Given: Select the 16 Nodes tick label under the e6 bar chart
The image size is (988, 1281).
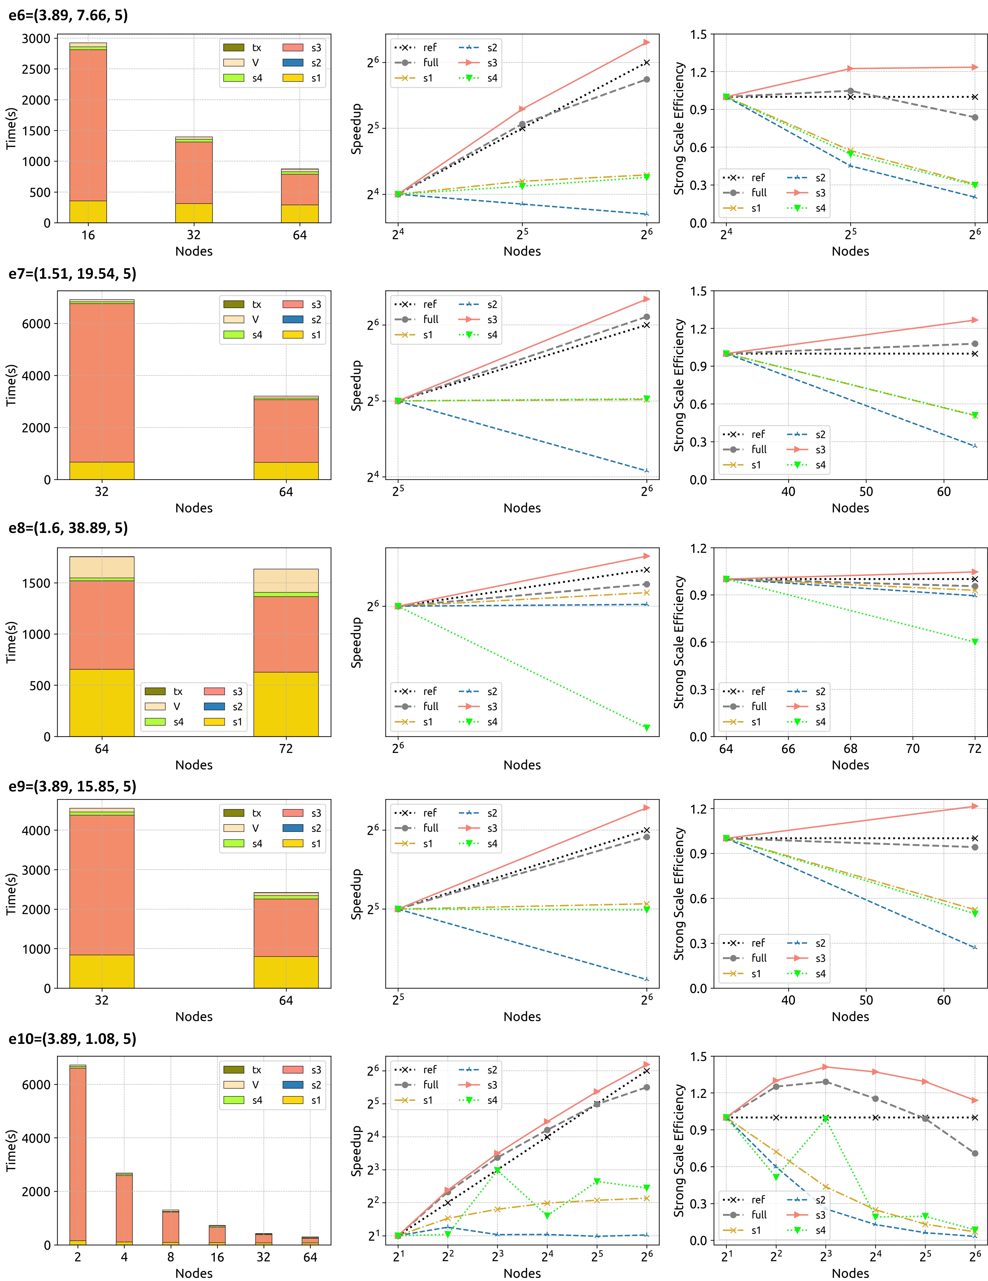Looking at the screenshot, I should pyautogui.click(x=88, y=235).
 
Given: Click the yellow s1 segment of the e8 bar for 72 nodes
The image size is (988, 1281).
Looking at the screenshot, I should pyautogui.click(x=286, y=704).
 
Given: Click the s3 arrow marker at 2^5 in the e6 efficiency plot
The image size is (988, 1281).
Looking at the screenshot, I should pyautogui.click(x=850, y=69).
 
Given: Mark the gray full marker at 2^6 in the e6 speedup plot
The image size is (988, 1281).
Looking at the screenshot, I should pyautogui.click(x=647, y=79).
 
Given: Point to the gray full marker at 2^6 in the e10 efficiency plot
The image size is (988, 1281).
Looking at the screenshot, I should pyautogui.click(x=974, y=1153).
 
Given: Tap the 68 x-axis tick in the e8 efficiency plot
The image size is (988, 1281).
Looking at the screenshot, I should pyautogui.click(x=850, y=749).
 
